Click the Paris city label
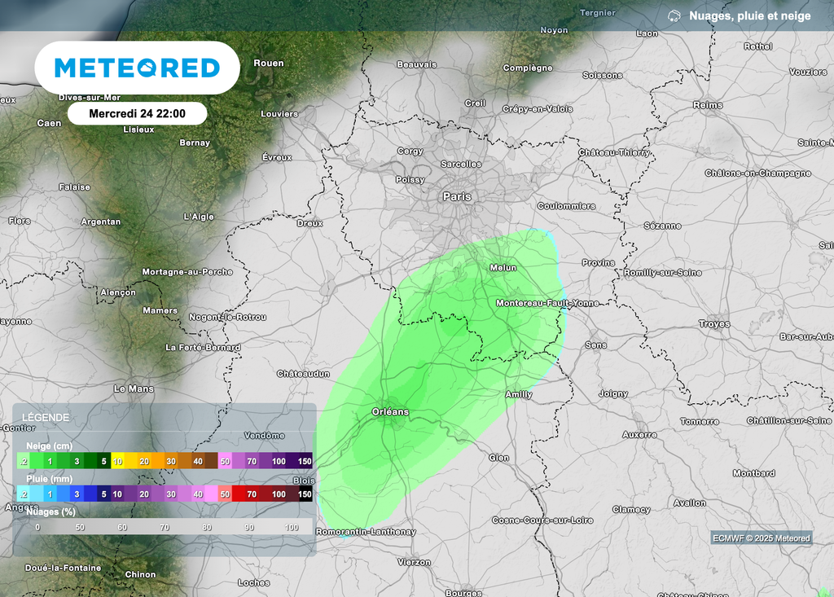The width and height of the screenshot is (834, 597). coord(457,196)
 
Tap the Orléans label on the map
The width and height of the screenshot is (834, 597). coord(390,411)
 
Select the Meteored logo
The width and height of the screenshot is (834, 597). coord(137,68)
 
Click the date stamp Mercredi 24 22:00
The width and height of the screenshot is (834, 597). coord(137,113)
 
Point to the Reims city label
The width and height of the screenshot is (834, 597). coord(708,105)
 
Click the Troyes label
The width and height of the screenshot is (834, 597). coord(714,324)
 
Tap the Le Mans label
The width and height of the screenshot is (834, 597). coord(134,388)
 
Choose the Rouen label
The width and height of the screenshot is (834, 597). coord(269,63)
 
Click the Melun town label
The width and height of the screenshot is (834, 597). coord(503,267)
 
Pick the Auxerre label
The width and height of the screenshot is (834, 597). coord(639,435)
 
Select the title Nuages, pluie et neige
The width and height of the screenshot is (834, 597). coord(750,15)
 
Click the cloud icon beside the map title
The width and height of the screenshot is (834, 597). coord(674,15)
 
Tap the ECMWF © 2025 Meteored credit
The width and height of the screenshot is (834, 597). coord(762,538)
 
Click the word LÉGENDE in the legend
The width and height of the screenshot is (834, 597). coord(46,417)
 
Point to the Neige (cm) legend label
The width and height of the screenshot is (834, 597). coord(48,446)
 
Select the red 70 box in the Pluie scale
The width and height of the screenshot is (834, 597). coord(252,494)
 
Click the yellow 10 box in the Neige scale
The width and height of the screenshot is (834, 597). coord(118,461)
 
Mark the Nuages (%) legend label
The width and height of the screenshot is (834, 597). coord(51,512)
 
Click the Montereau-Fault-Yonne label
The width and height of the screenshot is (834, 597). coord(547,303)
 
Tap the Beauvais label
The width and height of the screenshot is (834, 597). coord(417,64)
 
